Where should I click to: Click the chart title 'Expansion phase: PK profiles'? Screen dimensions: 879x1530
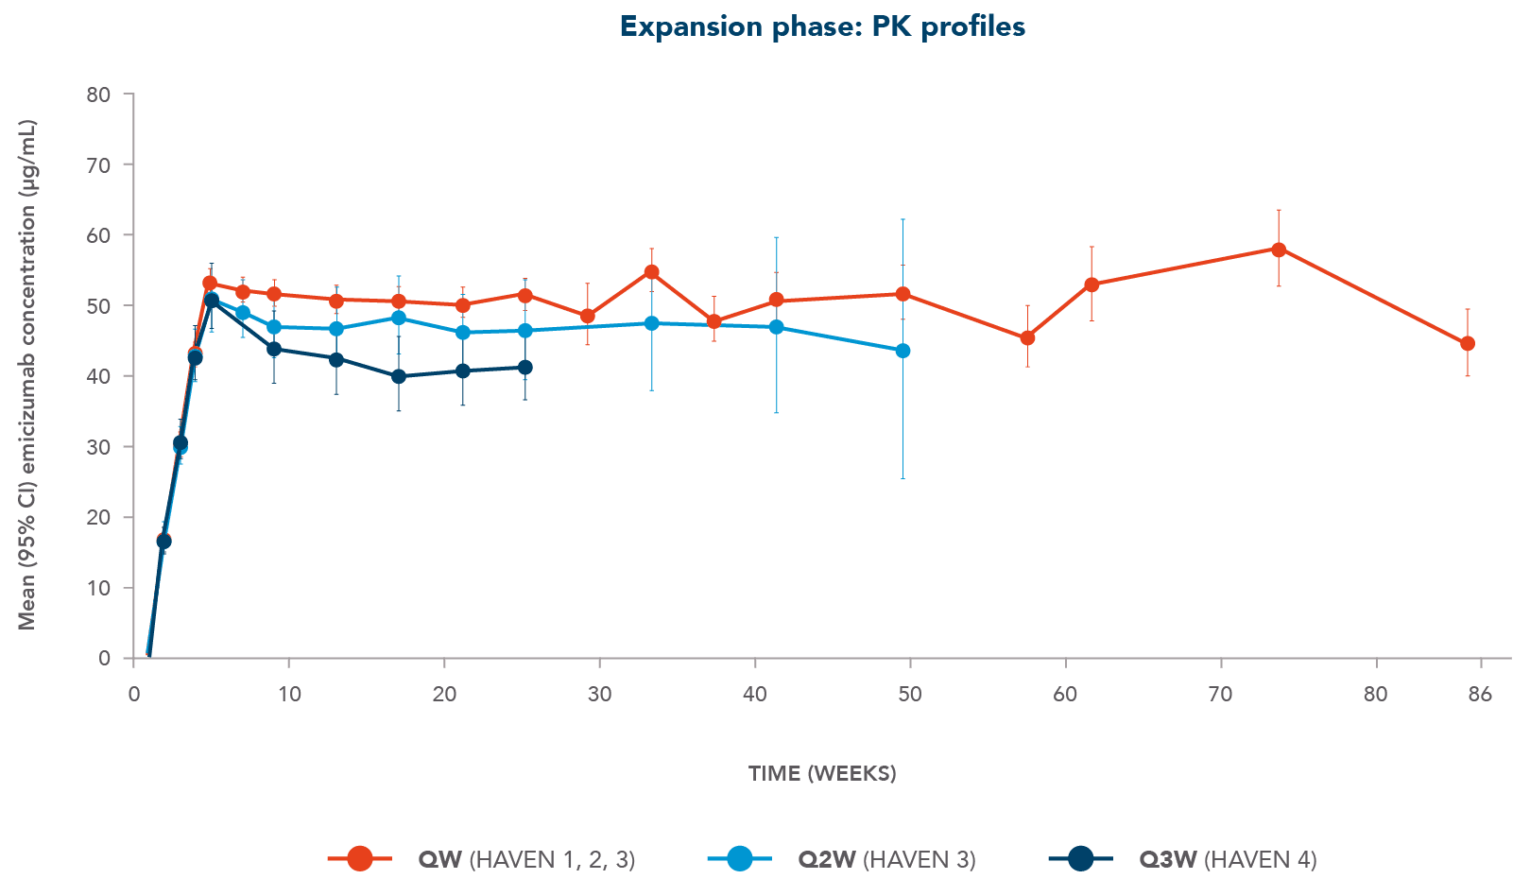822,26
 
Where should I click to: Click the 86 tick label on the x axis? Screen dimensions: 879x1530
1480,695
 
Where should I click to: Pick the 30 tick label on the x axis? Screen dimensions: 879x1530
600,695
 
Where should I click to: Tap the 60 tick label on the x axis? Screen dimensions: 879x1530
1066,695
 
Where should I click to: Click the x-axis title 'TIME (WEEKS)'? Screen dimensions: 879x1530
822,773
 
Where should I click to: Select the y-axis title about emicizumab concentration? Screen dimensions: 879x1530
27,374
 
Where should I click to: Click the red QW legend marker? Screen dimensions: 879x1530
359,858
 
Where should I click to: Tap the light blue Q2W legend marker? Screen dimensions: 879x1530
739,858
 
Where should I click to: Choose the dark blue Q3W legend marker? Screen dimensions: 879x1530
1080,858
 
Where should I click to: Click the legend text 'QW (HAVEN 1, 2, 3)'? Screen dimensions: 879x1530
526,858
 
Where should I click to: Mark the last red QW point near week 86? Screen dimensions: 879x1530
1468,344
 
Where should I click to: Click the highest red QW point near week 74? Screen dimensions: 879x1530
1279,250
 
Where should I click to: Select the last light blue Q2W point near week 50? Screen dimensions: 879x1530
903,351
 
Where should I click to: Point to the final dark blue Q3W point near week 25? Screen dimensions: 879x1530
525,367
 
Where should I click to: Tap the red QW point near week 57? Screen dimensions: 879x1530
1027,337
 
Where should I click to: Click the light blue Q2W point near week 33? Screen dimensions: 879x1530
651,323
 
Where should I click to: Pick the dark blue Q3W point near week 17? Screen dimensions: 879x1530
399,376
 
